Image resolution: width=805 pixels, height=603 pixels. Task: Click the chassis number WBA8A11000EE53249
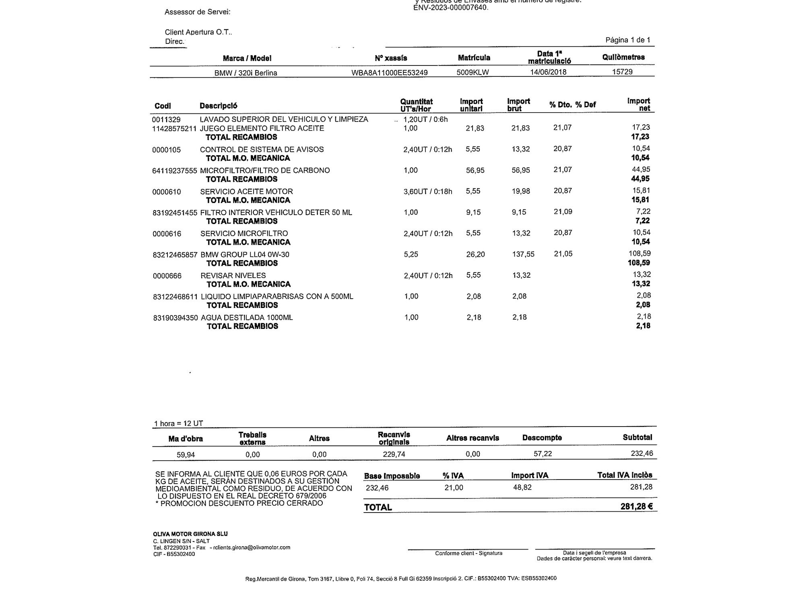389,73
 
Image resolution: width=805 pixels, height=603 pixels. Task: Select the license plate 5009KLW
473,72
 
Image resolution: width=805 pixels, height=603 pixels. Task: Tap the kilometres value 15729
622,72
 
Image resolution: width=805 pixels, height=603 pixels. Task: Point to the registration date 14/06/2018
548,72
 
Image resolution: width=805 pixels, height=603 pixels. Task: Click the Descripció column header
219,106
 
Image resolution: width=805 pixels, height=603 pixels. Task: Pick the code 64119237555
175,170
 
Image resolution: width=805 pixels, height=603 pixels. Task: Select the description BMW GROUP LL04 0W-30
245,254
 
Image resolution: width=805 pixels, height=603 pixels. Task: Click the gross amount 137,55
523,254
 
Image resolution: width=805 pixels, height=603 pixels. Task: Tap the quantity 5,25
411,254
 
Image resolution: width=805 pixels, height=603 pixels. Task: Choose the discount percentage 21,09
563,212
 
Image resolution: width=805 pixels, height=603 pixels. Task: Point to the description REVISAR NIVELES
233,275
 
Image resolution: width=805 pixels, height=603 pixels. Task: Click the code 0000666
167,276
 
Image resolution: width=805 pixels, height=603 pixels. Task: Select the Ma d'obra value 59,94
186,455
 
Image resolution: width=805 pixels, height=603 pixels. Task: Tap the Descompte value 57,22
542,454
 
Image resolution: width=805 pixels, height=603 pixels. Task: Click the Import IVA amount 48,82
522,487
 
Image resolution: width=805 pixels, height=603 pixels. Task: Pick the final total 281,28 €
636,507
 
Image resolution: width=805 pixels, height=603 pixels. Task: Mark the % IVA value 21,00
454,488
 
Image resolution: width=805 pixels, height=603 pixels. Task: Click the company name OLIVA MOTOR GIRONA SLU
190,534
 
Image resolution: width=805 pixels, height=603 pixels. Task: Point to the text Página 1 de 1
628,40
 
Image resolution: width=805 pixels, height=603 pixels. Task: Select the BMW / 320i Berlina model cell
246,73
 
